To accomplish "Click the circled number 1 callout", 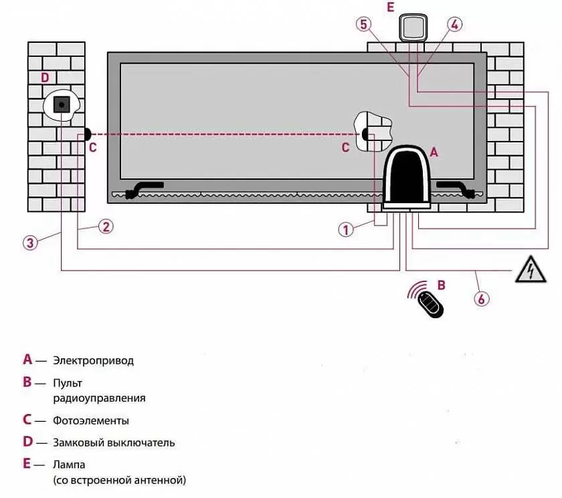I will (346, 229).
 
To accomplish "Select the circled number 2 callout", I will (105, 226).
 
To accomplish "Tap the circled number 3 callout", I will (29, 242).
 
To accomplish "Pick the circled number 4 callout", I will (454, 25).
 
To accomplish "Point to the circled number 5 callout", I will (363, 25).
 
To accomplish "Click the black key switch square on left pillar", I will (62, 104).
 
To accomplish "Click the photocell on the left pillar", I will (87, 133).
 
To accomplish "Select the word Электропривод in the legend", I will (93, 360).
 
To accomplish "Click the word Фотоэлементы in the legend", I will (91, 421).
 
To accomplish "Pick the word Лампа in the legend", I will (69, 464).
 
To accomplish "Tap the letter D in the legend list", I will (27, 442).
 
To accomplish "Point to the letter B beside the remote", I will (441, 285).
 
